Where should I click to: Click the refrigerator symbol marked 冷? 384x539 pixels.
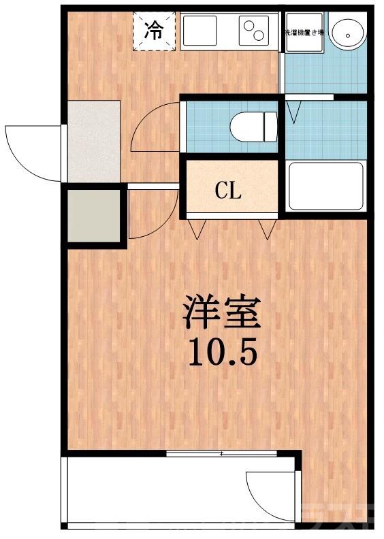pos(155,31)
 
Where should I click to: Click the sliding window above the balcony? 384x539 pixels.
pos(221,453)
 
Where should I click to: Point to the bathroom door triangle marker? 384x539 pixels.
pos(294,111)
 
